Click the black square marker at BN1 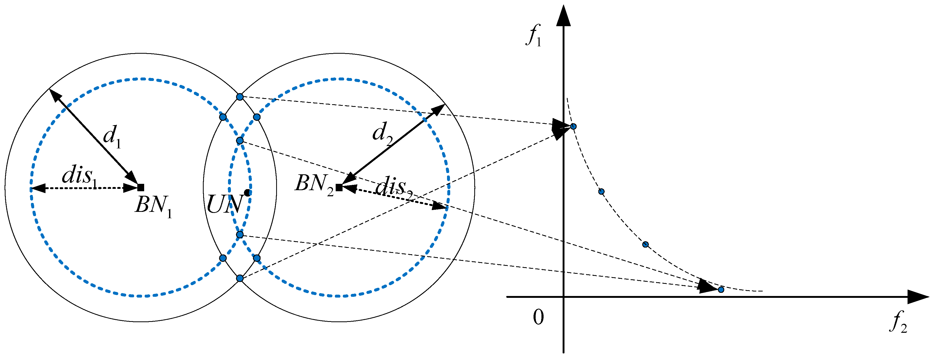(141, 188)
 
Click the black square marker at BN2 (339, 188)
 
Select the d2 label (382, 133)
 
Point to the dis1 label (79, 177)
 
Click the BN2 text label (314, 184)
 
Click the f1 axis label (534, 35)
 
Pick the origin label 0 (539, 317)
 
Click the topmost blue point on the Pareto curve (573, 126)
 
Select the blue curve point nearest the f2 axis (721, 290)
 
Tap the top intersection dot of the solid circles (240, 97)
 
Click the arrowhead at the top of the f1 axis (563, 16)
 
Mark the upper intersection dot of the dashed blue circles (240, 140)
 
